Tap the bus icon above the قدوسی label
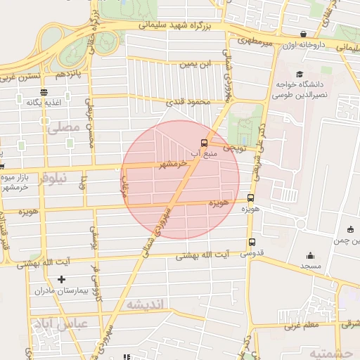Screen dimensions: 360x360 252,243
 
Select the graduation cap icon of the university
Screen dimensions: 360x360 300,74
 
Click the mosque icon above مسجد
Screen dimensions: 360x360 310,256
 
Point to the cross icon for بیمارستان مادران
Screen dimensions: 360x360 61,280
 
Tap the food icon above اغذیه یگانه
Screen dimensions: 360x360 44,91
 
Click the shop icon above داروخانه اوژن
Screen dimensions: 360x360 303,34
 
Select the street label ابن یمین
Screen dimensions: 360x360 195,64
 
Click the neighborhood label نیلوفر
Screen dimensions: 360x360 53,179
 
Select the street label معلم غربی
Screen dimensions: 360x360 302,325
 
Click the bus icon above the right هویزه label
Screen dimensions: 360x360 251,198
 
